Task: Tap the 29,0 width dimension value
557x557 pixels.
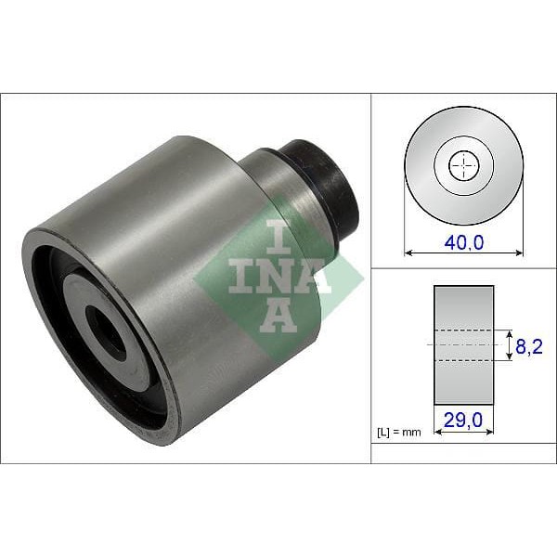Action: tap(464, 421)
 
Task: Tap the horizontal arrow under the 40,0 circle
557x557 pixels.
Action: tap(463, 252)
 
